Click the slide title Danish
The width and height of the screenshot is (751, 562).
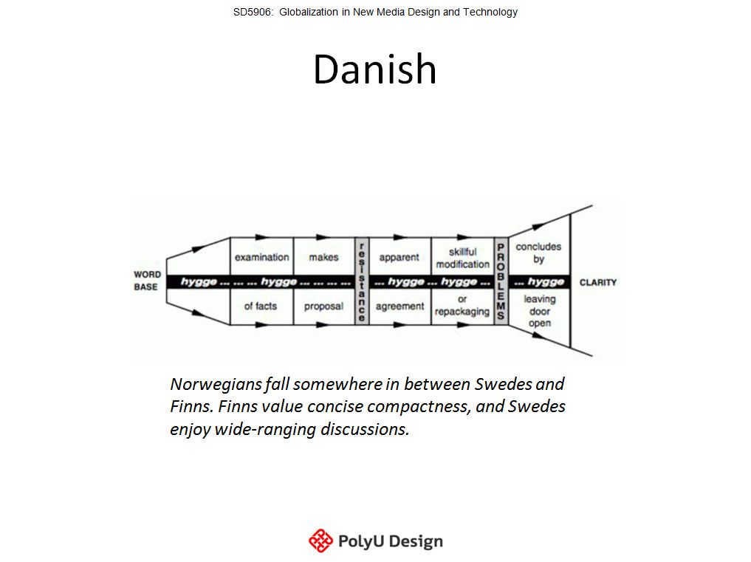374,69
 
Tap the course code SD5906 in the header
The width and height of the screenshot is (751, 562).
252,12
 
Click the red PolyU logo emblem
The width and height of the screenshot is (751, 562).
320,541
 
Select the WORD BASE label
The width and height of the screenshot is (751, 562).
146,281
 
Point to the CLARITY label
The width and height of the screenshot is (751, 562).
597,282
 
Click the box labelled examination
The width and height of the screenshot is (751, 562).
262,256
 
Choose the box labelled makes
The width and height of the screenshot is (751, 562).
324,256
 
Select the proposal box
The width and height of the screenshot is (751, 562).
324,306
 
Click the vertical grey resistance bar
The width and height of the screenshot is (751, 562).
362,281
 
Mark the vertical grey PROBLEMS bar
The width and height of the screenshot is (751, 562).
501,281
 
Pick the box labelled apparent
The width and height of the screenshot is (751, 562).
400,256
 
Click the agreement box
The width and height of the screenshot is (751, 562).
400,306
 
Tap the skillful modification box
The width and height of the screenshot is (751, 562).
463,256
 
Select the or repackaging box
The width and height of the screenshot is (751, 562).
463,306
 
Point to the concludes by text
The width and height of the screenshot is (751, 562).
538,253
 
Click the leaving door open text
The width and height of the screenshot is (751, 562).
540,310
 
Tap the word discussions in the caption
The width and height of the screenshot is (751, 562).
365,429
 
